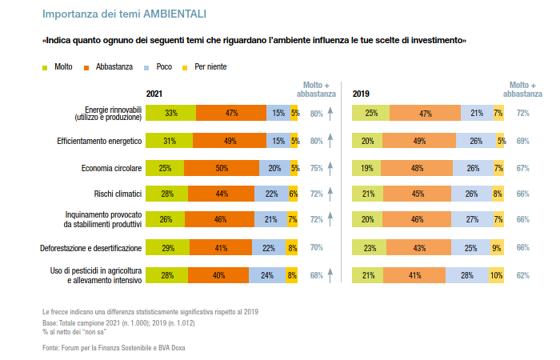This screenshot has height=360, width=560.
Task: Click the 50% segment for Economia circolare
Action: click(222, 168)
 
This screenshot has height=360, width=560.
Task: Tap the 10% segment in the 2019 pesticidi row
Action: click(497, 276)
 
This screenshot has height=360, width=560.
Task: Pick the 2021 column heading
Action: click(154, 94)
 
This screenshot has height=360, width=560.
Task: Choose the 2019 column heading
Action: click(361, 94)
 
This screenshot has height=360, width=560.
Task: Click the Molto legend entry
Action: click(58, 66)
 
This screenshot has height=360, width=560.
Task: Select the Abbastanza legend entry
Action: click(109, 66)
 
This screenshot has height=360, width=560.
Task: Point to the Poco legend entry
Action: click(158, 66)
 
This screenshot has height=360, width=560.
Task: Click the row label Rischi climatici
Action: click(118, 194)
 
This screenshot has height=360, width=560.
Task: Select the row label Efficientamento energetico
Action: click(99, 141)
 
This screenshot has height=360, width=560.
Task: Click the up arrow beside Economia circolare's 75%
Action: click(330, 168)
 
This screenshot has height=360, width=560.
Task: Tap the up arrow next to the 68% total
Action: click(330, 276)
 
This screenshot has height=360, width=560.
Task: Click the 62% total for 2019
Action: click(523, 276)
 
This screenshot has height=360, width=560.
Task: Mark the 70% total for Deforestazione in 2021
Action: click(316, 249)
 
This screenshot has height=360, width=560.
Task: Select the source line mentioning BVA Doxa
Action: click(119, 347)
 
